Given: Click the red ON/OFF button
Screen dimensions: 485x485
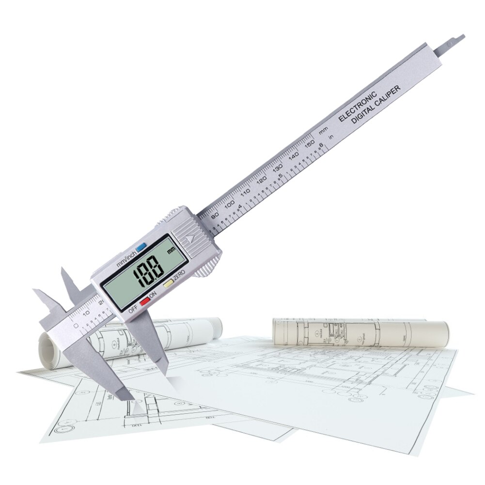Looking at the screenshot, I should [144, 301].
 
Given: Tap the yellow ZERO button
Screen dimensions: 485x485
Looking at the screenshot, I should [168, 284].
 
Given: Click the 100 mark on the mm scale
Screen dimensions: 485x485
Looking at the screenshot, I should [229, 203].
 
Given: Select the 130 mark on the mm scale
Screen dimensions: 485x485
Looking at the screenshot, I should [277, 167].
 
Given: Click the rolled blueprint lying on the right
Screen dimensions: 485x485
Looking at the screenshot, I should [361, 332].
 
